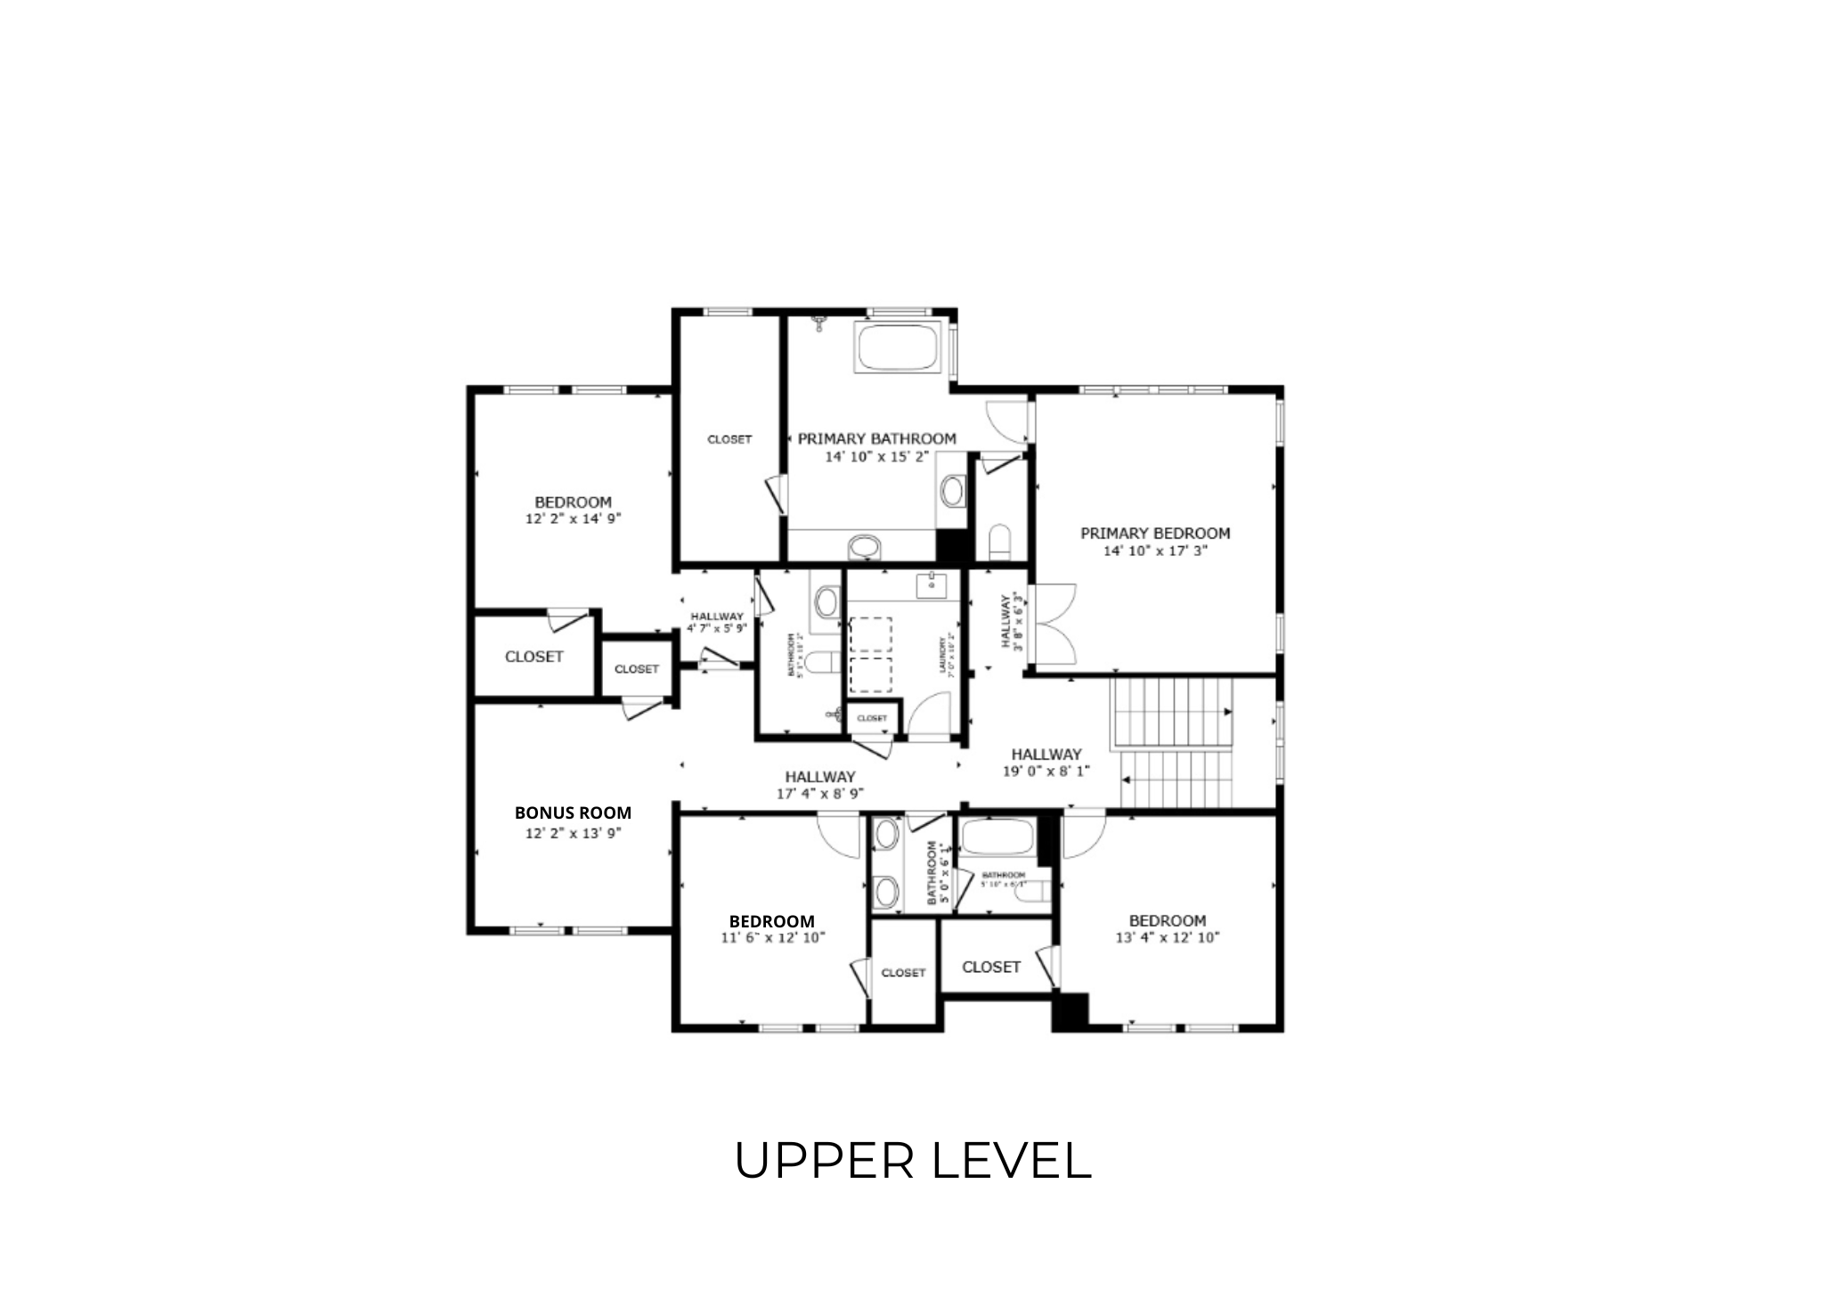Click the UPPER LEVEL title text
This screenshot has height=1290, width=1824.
tap(913, 1161)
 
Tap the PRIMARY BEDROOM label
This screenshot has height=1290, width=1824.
tap(1155, 534)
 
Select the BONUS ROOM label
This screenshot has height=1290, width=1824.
tap(573, 812)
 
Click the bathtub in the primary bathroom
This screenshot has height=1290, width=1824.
tap(898, 347)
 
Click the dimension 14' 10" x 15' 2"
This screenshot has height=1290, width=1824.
tap(876, 456)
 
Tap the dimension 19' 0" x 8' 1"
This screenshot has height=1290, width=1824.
tap(1046, 772)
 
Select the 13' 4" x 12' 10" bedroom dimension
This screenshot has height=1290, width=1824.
tap(1167, 937)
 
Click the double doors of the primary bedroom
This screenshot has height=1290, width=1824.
tap(1053, 624)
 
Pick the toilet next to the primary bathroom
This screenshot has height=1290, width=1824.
tap(998, 542)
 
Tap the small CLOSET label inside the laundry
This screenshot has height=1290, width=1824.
tap(872, 718)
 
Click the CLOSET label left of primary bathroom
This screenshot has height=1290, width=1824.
tap(729, 439)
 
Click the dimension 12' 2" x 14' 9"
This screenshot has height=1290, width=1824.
tap(573, 518)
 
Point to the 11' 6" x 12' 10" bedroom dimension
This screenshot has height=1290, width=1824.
tap(772, 937)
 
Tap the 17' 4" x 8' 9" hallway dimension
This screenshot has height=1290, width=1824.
tap(819, 793)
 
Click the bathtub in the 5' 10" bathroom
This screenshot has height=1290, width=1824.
tap(997, 837)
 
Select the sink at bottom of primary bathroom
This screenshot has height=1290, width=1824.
tap(863, 546)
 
